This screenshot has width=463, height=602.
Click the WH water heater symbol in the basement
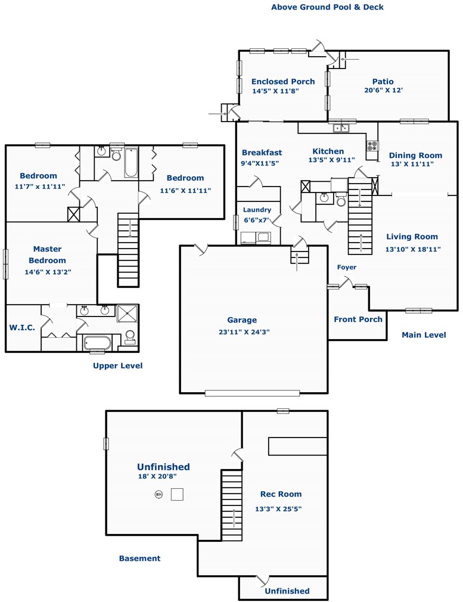point(159,495)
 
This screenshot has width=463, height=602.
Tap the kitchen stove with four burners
point(372,146)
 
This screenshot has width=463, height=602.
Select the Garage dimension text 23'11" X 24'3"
point(244,332)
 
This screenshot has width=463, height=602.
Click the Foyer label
point(347,267)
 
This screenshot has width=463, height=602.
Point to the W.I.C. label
point(22,327)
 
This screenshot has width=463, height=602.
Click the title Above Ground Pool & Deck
point(328,7)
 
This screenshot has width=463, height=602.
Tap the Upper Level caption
point(117,366)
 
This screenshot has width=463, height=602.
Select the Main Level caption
point(424,335)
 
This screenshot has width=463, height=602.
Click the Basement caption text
point(140,558)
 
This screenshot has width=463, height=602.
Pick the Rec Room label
point(281,494)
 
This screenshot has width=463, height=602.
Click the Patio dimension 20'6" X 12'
point(384,90)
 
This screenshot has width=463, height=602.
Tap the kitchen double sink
point(340,128)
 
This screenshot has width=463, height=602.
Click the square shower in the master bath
point(127,314)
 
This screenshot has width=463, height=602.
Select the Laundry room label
point(257,210)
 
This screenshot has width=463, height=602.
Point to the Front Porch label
point(358,319)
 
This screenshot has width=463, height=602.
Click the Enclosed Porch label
point(283,82)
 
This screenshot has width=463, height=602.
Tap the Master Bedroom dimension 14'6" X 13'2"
point(48,272)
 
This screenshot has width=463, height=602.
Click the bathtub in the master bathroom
point(98,342)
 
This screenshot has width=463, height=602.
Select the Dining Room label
point(415,156)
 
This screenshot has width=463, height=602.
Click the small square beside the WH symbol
point(177,494)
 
